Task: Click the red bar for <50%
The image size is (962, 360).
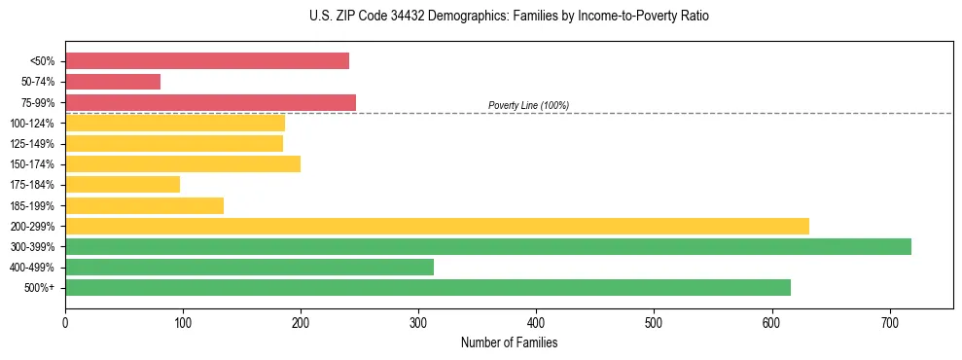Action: pyautogui.click(x=207, y=61)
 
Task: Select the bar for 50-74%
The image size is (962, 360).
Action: pyautogui.click(x=113, y=82)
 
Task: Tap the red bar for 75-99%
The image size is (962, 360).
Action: pyautogui.click(x=210, y=102)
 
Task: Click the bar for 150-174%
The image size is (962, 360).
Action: pyautogui.click(x=183, y=163)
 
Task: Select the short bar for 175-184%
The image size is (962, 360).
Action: pyautogui.click(x=123, y=184)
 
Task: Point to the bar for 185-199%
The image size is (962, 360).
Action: pyautogui.click(x=144, y=205)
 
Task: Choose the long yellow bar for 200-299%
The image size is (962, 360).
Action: pyautogui.click(x=437, y=226)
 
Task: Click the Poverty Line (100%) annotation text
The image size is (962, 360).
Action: pyautogui.click(x=528, y=105)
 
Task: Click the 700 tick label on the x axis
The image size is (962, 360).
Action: pyautogui.click(x=889, y=322)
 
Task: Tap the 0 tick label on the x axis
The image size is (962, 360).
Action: pyautogui.click(x=65, y=322)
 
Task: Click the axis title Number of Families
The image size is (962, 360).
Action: pyautogui.click(x=509, y=342)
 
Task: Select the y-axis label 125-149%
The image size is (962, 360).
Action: pyautogui.click(x=32, y=144)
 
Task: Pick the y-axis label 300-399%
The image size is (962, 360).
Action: pyautogui.click(x=32, y=247)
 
